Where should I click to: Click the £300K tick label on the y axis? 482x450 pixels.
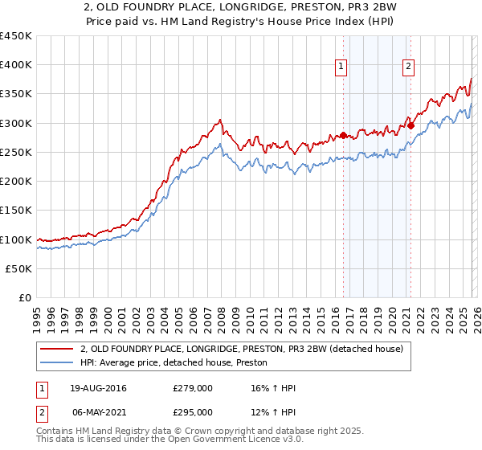16,123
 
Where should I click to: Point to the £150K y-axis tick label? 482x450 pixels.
16,211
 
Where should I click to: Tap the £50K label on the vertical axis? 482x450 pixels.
18,268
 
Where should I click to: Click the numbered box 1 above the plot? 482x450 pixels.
342,67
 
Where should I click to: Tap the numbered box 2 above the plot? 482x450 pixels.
409,67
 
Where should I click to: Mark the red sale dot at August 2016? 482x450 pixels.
343,135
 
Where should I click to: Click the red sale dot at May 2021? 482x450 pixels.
410,125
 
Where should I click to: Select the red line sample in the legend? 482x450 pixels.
57,349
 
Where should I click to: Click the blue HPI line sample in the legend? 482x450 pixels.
57,362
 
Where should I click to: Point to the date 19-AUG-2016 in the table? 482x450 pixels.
98,388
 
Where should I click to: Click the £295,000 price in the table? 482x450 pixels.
193,411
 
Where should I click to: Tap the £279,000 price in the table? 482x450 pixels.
193,388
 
